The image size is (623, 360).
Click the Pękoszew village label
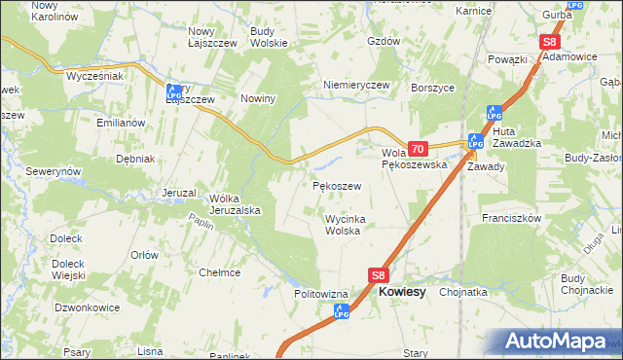[337, 185]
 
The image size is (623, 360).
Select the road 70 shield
[417, 149]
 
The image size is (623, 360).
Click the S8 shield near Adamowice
[549, 43]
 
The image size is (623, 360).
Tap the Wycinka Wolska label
[345, 225]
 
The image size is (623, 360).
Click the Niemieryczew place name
[356, 85]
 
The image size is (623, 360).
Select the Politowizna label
[321, 293]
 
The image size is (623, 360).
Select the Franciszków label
[510, 219]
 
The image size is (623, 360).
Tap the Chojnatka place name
[463, 291]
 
